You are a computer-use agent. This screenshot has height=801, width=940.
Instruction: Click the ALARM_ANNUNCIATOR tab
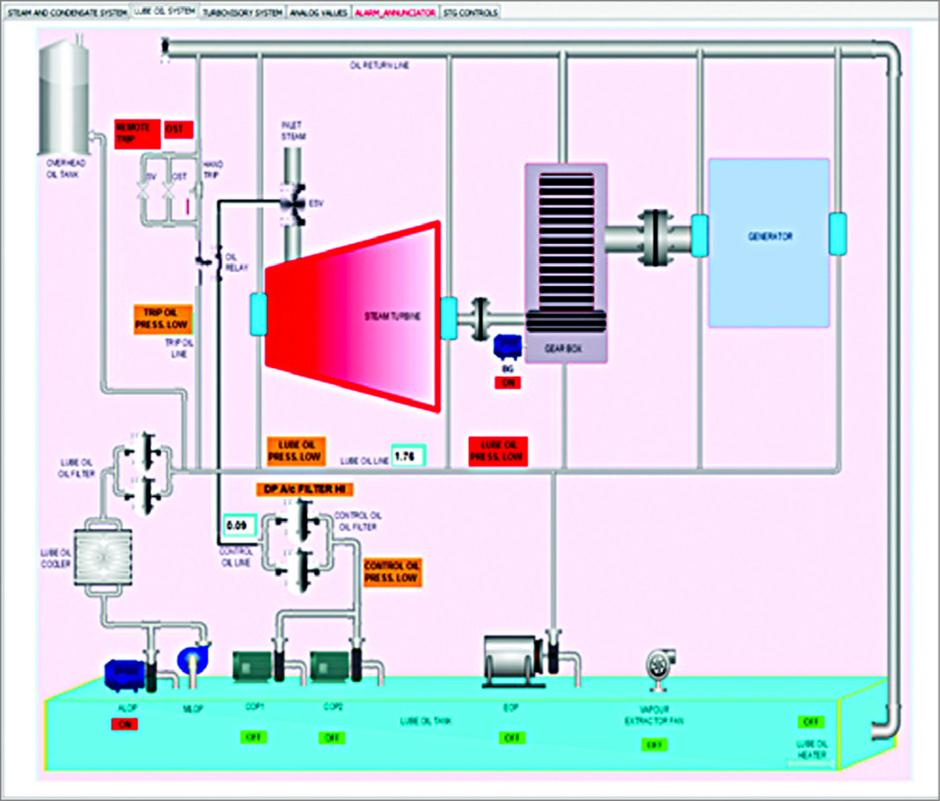point(394,12)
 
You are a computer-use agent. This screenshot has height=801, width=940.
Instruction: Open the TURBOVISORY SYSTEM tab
point(242,12)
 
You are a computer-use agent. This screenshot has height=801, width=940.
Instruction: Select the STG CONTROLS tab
point(471,12)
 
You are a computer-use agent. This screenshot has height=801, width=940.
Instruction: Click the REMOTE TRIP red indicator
point(136,132)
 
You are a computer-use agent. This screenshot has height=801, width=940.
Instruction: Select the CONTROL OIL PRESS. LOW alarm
point(393,572)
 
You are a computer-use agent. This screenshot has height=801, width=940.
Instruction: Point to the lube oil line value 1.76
point(408,456)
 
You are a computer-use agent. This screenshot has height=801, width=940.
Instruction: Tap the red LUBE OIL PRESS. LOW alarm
point(498,451)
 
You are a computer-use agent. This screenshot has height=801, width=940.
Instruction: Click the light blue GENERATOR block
point(769,242)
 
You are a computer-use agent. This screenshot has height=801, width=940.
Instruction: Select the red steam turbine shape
point(352,317)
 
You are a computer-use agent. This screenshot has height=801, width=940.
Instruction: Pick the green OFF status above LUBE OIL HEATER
point(811,722)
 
